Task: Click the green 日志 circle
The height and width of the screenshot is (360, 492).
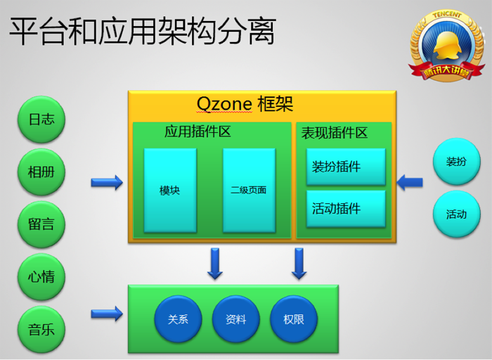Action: coord(41,120)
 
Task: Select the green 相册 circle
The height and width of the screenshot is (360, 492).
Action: coord(41,172)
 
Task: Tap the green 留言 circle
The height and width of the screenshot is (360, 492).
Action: coord(41,224)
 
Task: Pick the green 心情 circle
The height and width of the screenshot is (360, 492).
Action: coord(41,277)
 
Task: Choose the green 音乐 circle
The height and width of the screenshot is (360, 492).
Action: coord(41,330)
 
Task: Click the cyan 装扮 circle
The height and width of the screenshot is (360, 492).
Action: coord(457,162)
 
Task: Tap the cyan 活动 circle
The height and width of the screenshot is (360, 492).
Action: coord(457,214)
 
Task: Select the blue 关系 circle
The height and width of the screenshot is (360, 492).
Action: coord(178,319)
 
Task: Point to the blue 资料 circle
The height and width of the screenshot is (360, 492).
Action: coord(236,319)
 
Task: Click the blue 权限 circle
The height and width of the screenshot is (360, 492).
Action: coord(294,319)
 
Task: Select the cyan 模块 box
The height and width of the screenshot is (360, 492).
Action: coord(170,191)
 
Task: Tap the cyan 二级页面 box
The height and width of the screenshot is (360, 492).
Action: coord(249,191)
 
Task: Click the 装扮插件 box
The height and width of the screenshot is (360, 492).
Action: coord(346,167)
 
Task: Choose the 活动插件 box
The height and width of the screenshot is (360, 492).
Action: coord(346,209)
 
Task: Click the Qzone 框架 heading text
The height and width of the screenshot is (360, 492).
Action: coord(245,104)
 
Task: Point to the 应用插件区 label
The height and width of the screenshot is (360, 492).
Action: coord(198,131)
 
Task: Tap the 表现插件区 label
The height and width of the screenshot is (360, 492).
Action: coord(335,133)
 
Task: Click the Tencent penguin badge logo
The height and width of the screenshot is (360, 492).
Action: coord(446,46)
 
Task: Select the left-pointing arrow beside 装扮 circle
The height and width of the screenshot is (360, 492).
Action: coord(410,182)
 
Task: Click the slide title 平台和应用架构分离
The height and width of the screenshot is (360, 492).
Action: coord(143,31)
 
